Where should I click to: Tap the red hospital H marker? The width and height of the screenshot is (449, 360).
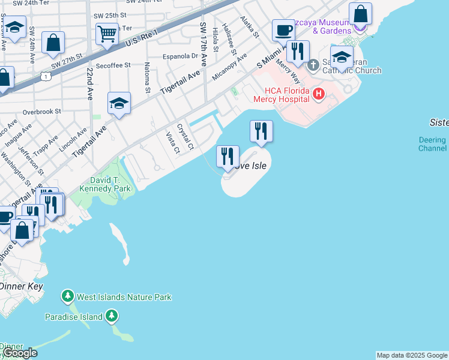pyautogui.click(x=318, y=94)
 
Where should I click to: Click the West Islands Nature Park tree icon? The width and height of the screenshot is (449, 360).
pyautogui.click(x=68, y=296)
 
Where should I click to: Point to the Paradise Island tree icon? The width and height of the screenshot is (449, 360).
pyautogui.click(x=111, y=316)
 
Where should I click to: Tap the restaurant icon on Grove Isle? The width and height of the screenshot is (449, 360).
pyautogui.click(x=228, y=157)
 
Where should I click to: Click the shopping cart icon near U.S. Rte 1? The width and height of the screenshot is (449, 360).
pyautogui.click(x=107, y=35)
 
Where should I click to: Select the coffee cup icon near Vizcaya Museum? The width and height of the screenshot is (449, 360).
pyautogui.click(x=283, y=30)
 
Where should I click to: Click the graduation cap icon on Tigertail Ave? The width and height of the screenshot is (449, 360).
pyautogui.click(x=119, y=103)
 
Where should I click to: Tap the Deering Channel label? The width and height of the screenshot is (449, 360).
pyautogui.click(x=432, y=144)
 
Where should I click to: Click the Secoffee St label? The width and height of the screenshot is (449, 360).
pyautogui.click(x=112, y=65)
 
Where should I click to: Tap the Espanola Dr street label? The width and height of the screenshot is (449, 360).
pyautogui.click(x=181, y=56)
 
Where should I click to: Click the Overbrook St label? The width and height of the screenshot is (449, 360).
pyautogui.click(x=41, y=111)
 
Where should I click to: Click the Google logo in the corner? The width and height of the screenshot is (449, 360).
pyautogui.click(x=19, y=353)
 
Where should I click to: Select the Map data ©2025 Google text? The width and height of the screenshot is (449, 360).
pyautogui.click(x=412, y=355)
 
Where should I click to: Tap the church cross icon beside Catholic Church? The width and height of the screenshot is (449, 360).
pyautogui.click(x=313, y=64)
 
